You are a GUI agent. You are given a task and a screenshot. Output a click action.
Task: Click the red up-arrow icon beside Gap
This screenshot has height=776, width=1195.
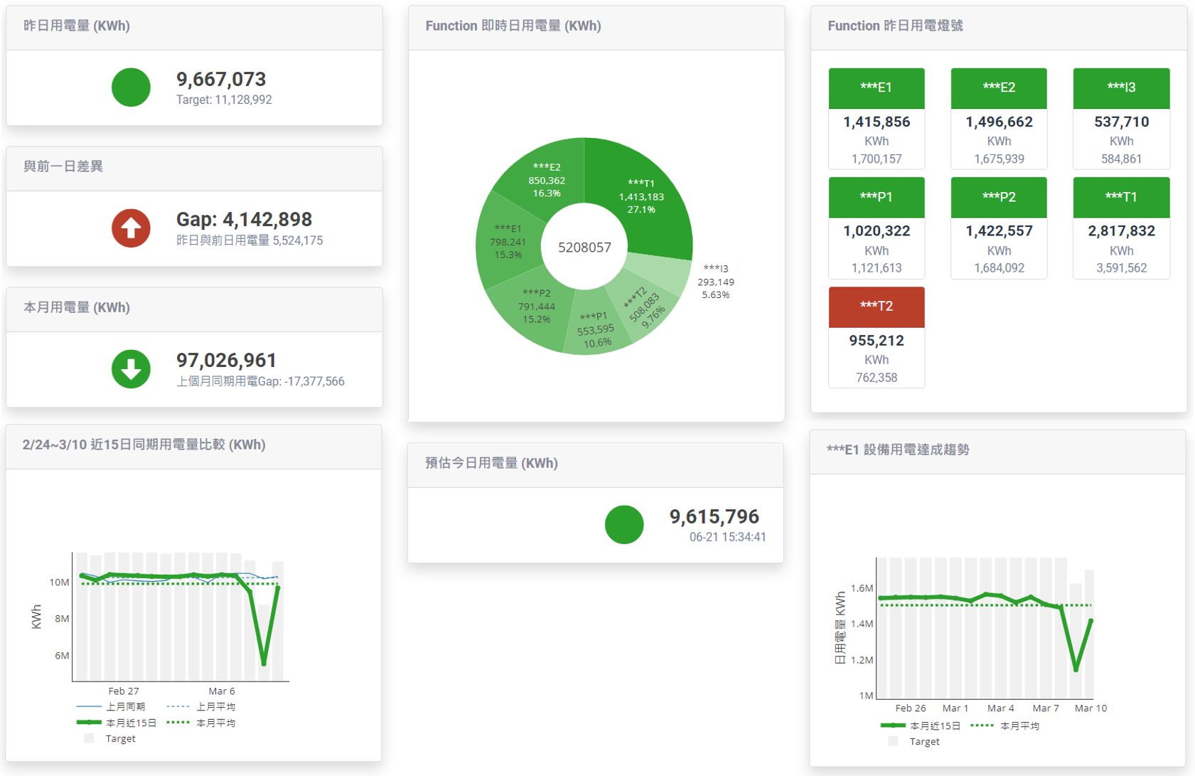tap(131, 228)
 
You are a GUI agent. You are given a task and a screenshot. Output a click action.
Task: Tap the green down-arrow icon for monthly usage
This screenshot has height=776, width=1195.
tap(131, 369)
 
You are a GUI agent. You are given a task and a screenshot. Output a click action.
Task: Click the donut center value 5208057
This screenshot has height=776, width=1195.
tap(584, 248)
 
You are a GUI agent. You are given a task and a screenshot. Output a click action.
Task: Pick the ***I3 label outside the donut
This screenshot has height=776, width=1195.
tap(715, 281)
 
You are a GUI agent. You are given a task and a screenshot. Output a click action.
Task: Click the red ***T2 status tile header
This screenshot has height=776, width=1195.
tap(876, 307)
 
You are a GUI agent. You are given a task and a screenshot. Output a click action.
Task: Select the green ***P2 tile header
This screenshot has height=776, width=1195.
tap(998, 197)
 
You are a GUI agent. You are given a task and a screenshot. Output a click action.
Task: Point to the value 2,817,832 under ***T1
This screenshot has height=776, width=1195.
tap(1121, 231)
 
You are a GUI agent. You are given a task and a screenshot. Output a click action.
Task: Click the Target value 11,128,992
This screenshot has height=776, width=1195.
tap(224, 100)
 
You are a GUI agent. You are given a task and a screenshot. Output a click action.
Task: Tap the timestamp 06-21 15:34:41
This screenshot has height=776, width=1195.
tap(727, 537)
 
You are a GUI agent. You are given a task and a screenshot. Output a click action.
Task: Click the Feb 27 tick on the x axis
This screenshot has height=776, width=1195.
tap(124, 691)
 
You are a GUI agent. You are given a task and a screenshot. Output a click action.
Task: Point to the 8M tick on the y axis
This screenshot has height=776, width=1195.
tap(62, 619)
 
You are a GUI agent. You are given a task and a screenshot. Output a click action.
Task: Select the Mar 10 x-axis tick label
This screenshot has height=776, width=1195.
tap(1090, 708)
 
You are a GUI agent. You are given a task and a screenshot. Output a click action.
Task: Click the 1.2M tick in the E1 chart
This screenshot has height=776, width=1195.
tap(862, 660)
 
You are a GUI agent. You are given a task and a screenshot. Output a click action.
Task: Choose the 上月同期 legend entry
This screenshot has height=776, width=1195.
tap(112, 707)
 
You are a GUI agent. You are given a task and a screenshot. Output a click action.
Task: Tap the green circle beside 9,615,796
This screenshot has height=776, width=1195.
tap(624, 525)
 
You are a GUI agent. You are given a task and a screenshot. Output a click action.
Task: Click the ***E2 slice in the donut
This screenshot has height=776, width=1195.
tap(547, 178)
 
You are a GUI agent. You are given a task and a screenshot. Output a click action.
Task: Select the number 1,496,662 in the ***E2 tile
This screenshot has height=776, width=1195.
tap(998, 122)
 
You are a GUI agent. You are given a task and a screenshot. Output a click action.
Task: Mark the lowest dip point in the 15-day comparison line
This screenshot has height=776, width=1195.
tap(264, 664)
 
